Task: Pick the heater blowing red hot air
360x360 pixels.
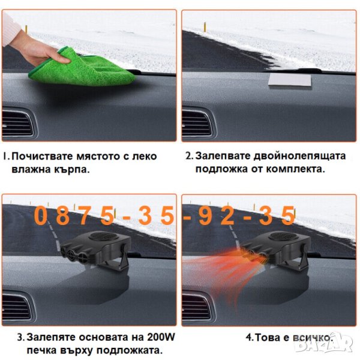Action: point(275,250)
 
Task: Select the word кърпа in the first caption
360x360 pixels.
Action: point(71,170)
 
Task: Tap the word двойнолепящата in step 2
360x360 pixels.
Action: point(299,156)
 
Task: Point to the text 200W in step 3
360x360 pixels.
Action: point(161,337)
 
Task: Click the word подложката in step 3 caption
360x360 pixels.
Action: point(128,350)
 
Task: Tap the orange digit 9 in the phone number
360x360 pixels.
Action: point(205,216)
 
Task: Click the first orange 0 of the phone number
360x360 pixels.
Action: point(40,215)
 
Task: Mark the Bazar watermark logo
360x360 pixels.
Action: point(324,343)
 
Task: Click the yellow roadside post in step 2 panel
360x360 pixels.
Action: point(205,26)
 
